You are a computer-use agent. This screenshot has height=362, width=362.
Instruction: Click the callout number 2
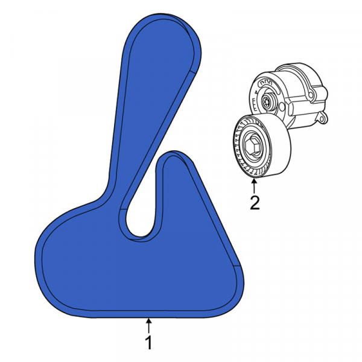click(x=255, y=203)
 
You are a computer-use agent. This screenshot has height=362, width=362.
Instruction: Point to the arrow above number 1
click(x=149, y=326)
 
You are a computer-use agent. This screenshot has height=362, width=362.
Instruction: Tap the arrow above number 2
click(x=254, y=186)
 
